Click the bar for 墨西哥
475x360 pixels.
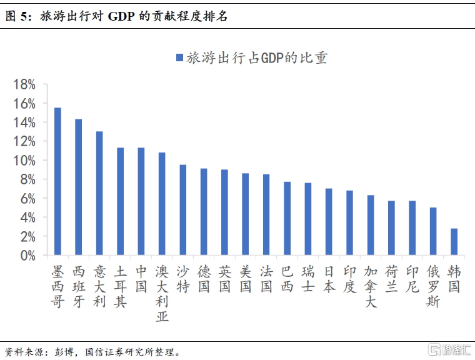(x=57, y=181)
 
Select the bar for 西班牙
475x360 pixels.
(x=79, y=187)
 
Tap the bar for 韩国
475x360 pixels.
(x=454, y=242)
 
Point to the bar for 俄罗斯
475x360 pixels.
(x=433, y=231)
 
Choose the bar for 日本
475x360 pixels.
(x=329, y=222)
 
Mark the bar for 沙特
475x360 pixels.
(x=183, y=210)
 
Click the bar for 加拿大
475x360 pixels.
(x=371, y=225)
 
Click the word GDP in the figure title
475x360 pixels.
(x=122, y=17)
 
